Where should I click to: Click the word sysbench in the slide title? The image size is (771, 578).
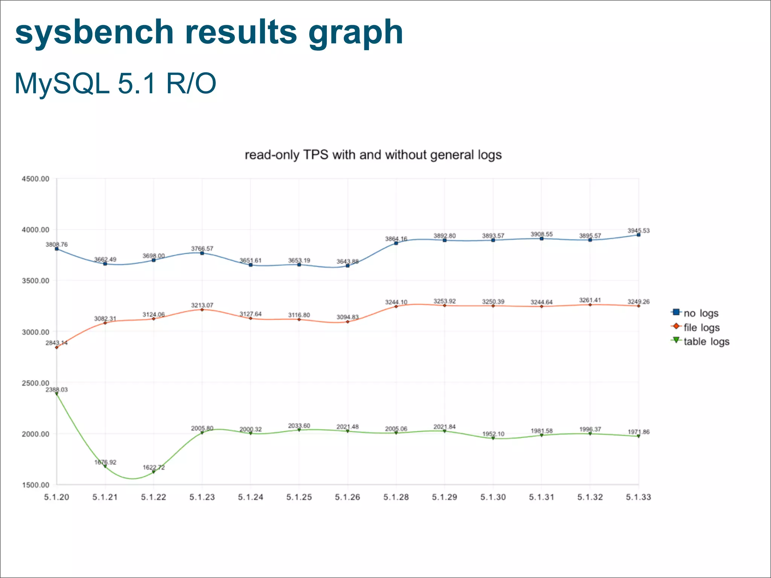coord(94,32)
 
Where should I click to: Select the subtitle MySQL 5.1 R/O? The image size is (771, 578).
coord(115,84)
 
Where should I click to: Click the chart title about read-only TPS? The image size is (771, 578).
coord(373,155)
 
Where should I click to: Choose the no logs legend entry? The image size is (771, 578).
coord(701,313)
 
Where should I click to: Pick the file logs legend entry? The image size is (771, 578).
coord(701,327)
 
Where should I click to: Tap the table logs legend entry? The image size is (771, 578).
coord(706,342)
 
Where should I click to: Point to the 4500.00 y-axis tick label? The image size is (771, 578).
coord(35,179)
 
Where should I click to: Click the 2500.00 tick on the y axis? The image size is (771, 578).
coord(35,383)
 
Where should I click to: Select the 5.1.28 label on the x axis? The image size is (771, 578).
coord(396,497)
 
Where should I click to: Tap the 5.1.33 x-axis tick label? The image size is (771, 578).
coord(638,497)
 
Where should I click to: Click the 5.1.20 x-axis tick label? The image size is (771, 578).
coord(56,497)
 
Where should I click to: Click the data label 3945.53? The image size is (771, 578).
coord(638,231)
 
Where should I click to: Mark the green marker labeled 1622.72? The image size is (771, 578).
coord(154,472)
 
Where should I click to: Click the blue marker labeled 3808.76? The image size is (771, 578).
coord(57,249)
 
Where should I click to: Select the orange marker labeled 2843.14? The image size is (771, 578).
coord(57,347)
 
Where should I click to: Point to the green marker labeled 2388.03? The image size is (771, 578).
coord(57,394)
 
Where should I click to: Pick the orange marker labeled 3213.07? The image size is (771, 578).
coord(202,309)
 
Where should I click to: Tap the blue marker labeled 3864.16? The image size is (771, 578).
coord(396,243)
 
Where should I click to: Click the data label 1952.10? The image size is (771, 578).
coord(493,434)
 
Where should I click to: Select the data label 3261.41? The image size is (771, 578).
coord(590,300)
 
